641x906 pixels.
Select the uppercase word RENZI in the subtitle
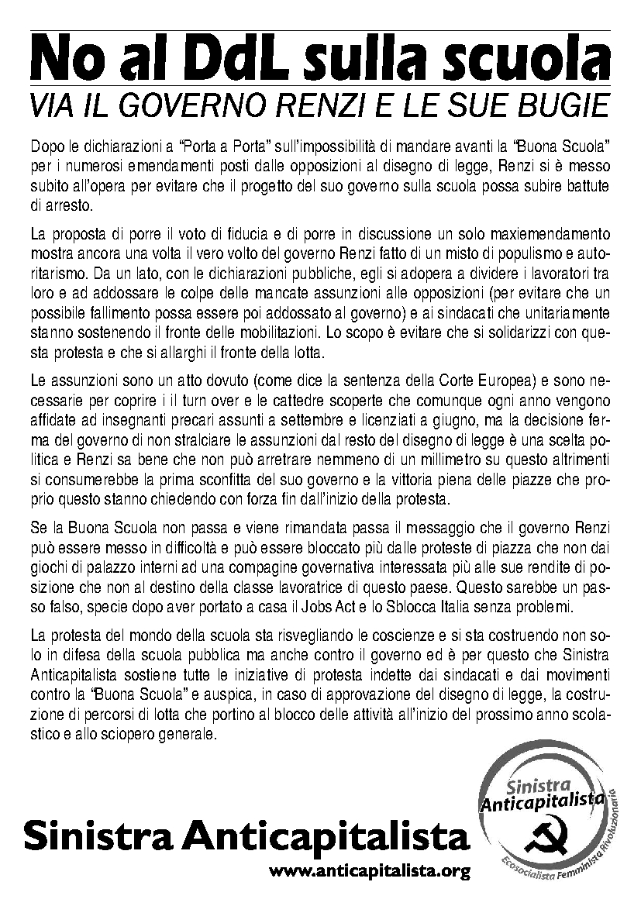coord(346,105)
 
